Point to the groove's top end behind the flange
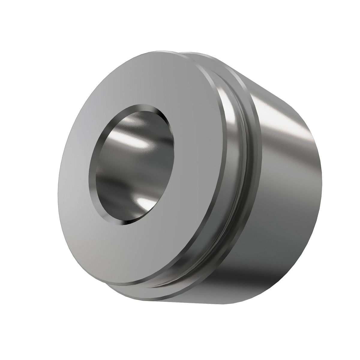point(210,69)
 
